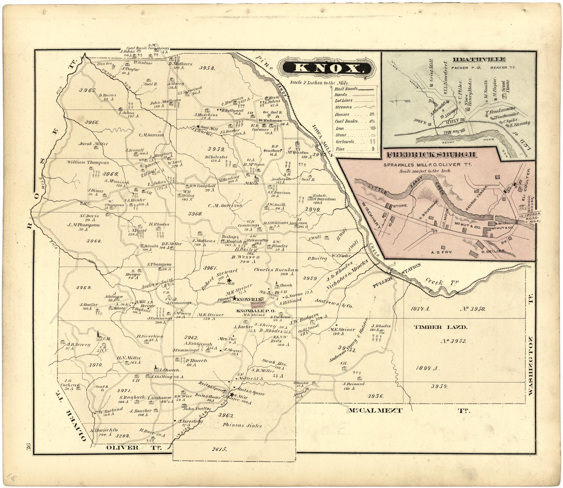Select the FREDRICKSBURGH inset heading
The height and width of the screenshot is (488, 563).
[x=431, y=155]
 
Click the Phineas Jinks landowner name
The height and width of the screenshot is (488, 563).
[x=242, y=425]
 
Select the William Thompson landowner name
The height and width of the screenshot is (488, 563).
[x=88, y=163]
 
